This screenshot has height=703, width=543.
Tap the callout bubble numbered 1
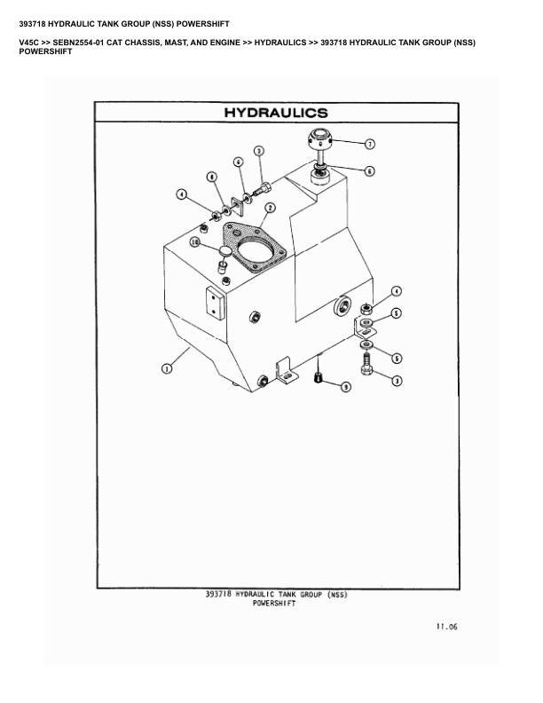pyautogui.click(x=166, y=368)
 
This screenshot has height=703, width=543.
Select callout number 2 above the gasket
pyautogui.click(x=270, y=208)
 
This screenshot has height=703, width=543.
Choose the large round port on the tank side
pyautogui.click(x=342, y=308)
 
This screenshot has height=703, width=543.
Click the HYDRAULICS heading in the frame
pyautogui.click(x=275, y=113)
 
